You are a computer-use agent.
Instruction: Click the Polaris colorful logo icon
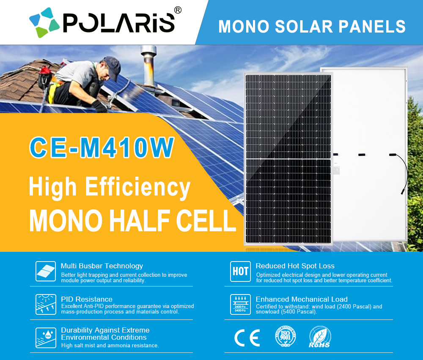44,22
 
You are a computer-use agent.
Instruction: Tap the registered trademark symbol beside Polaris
178,10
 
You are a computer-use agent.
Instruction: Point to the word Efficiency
137,187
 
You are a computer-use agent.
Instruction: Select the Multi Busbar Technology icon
46,270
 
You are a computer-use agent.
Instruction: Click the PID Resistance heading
87,299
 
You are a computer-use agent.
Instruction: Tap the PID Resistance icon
46,304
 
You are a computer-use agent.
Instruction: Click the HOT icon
240,271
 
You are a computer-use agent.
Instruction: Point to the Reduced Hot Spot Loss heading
295,266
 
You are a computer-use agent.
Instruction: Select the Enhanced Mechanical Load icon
240,304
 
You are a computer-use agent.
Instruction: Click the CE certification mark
247,338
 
